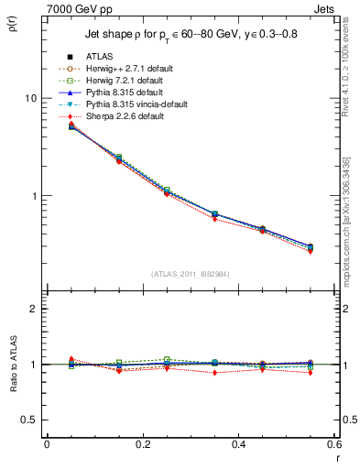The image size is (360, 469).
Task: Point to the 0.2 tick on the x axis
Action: [142, 443]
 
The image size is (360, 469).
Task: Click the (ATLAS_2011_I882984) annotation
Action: [190, 274]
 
